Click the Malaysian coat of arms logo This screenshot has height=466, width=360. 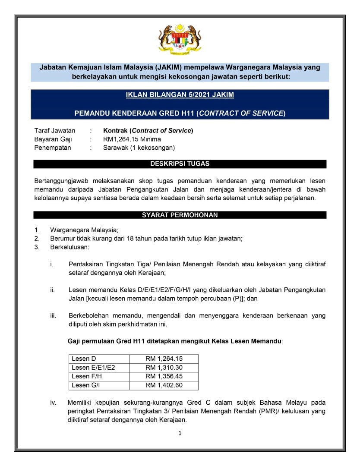point(180,40)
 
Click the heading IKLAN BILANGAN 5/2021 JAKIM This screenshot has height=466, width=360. point(180,95)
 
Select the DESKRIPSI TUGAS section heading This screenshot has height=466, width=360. point(180,164)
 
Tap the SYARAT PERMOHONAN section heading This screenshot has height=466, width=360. point(180,215)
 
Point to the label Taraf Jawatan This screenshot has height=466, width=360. point(55,130)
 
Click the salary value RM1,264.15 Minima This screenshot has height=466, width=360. point(132,139)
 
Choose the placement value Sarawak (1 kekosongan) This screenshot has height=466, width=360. point(139,148)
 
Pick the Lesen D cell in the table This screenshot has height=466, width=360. point(84,359)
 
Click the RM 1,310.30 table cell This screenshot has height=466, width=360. point(164,368)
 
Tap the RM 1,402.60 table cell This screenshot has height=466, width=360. point(164,385)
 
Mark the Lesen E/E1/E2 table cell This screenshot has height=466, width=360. point(93,368)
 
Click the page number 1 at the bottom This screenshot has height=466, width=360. point(180,433)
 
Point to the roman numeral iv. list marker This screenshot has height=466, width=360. point(53,403)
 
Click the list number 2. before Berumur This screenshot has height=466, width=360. point(37,238)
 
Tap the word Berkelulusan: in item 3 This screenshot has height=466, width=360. point(69,247)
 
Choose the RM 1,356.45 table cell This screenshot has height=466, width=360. point(164,376)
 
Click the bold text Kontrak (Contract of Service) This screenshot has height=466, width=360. point(148,130)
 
